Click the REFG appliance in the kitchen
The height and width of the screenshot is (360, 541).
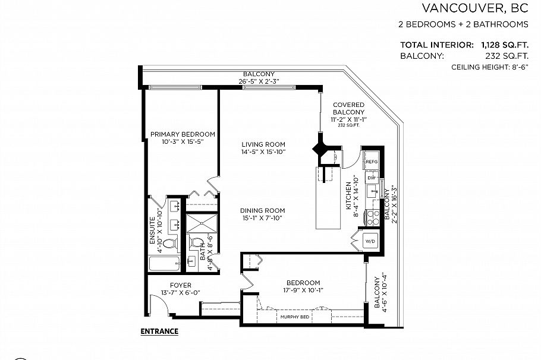(371, 161)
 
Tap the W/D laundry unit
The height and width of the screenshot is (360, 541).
(370, 241)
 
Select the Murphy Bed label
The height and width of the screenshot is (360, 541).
(295, 317)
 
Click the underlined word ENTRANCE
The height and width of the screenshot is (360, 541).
(159, 331)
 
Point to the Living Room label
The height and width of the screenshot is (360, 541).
(263, 144)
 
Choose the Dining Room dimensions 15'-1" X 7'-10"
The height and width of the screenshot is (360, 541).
(263, 218)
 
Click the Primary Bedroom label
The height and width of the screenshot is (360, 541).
(183, 134)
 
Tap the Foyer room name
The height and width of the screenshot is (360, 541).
(181, 285)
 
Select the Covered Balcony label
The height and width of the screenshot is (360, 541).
(348, 108)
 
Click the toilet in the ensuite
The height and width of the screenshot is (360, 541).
(170, 243)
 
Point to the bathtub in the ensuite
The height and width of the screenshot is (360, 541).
(165, 264)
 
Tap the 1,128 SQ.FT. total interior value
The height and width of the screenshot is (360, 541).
(505, 45)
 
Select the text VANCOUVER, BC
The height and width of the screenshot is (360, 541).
(475, 8)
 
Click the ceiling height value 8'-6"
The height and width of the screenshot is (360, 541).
(519, 67)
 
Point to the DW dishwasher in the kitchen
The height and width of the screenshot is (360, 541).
(372, 178)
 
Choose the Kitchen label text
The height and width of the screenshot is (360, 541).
(348, 195)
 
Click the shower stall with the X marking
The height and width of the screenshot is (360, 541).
(202, 223)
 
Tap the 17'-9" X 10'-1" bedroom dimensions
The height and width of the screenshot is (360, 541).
(303, 290)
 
